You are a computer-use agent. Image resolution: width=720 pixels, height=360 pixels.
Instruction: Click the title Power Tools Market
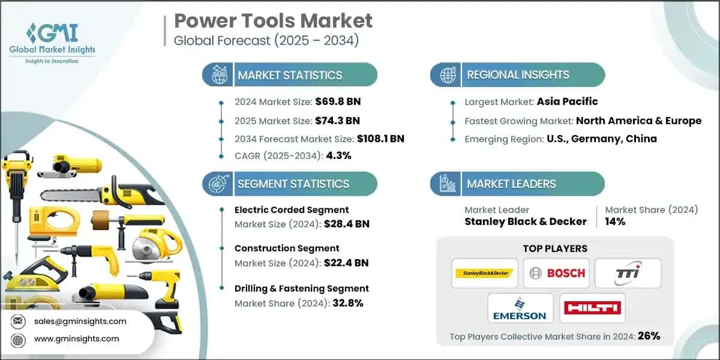pos(273,21)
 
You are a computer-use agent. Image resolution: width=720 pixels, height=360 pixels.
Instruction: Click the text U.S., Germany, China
pos(601,139)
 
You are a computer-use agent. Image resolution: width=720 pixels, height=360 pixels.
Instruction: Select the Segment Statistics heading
pos(293,184)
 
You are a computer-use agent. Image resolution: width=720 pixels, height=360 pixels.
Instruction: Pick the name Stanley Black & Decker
pos(525,221)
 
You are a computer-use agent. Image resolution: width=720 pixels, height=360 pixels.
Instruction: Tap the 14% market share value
pos(615,221)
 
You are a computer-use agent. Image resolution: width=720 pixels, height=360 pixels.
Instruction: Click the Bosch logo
pos(556,273)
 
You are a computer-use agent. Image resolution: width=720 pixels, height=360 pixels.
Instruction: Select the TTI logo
pos(628,273)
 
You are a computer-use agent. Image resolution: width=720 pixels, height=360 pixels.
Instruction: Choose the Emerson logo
pos(520,308)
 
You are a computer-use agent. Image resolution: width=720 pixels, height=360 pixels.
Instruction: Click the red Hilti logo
pos(592,308)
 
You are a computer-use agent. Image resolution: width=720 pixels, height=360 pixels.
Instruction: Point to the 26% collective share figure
pos(648,336)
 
